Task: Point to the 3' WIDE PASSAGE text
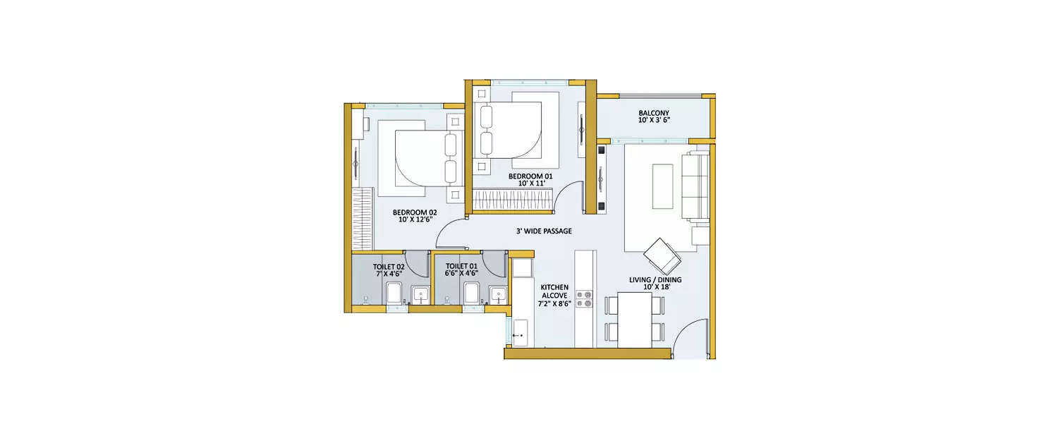(543, 231)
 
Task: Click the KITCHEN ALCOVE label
(554, 296)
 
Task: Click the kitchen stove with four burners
(585, 298)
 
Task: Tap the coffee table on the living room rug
(662, 186)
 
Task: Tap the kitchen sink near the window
(521, 332)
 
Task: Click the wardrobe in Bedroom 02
(362, 219)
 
